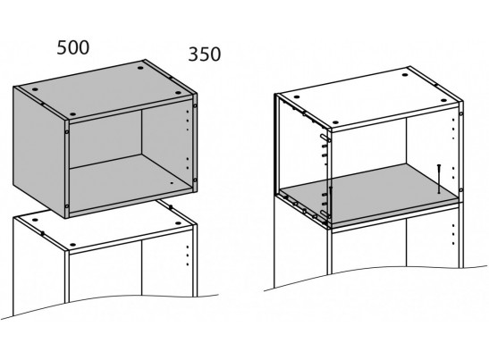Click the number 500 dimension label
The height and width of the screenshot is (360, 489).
[73, 47]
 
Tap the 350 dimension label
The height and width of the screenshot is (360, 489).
[204, 54]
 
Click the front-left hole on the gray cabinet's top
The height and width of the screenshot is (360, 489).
[72, 114]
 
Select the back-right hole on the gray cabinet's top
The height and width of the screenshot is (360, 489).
[140, 67]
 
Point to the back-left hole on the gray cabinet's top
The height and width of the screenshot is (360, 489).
[35, 89]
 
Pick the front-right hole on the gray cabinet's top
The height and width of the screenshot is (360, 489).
[178, 93]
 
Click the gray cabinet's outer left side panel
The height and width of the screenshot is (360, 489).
[39, 151]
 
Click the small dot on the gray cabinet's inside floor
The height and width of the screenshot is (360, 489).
[172, 183]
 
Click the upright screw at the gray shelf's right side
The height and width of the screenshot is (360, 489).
[439, 179]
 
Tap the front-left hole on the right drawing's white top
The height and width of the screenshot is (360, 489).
[335, 122]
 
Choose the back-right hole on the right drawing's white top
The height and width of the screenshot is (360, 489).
[405, 75]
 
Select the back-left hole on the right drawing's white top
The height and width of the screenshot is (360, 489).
[296, 97]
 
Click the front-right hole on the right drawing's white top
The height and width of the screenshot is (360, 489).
[443, 101]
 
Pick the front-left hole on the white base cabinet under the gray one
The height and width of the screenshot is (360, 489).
[72, 245]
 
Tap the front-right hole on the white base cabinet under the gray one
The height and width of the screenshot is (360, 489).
[178, 223]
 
